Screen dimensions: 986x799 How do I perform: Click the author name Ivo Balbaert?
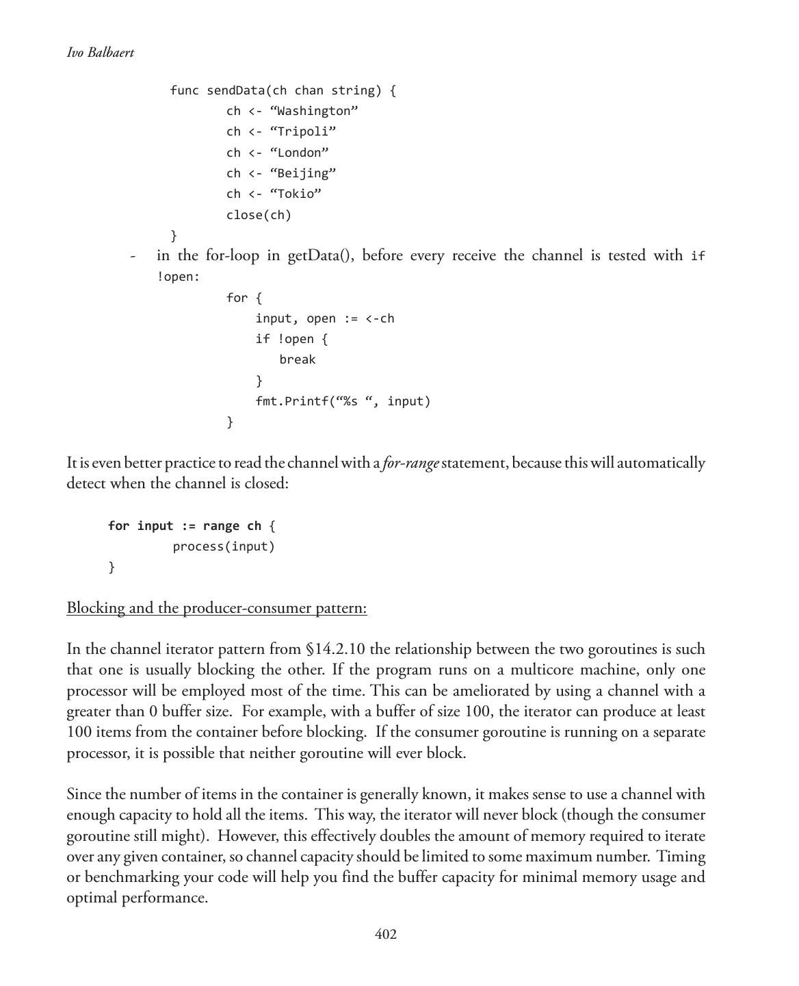tap(101, 53)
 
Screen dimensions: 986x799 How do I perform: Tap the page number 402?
tap(386, 935)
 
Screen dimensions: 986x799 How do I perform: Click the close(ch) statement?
tap(259, 215)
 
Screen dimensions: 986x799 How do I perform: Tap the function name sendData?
tap(236, 90)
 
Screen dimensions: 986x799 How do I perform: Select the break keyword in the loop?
tap(298, 359)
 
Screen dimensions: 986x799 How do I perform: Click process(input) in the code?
tap(224, 546)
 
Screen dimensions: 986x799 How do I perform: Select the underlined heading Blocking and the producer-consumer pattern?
tap(217, 608)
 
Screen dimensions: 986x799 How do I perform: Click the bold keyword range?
tap(221, 526)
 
